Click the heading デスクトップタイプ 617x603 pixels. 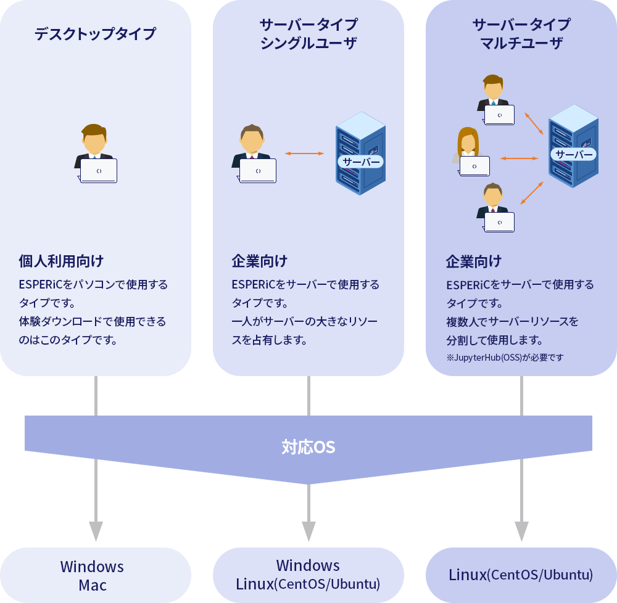point(96,34)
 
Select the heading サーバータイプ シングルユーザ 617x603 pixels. point(308,34)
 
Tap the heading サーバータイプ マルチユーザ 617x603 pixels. point(521,34)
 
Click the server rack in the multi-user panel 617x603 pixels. point(573,146)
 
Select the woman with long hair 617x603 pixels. point(468,151)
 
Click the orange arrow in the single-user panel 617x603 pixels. point(304,154)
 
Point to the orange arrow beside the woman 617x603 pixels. point(519,158)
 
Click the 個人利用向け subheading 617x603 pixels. point(61,261)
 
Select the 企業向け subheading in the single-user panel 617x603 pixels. point(260,261)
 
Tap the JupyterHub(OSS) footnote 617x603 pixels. point(504,357)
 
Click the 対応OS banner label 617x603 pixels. point(308,447)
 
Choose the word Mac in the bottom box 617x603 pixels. point(93,585)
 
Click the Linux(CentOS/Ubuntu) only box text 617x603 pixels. point(521,575)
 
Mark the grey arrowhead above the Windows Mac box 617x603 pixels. point(96,531)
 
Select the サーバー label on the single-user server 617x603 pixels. point(361,162)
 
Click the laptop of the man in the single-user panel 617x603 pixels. point(257,171)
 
